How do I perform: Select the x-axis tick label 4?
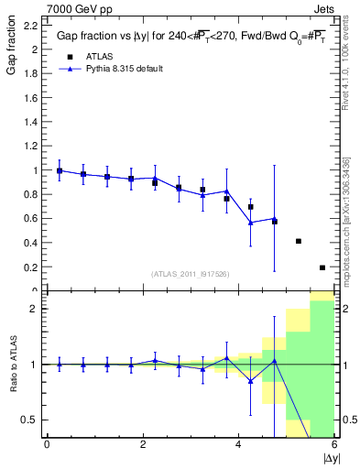[238, 444]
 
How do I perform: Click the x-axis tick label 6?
[334, 444]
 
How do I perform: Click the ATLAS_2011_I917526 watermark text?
[191, 274]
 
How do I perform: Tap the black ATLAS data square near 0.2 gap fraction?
[322, 267]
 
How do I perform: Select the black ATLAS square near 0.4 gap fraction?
[299, 241]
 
